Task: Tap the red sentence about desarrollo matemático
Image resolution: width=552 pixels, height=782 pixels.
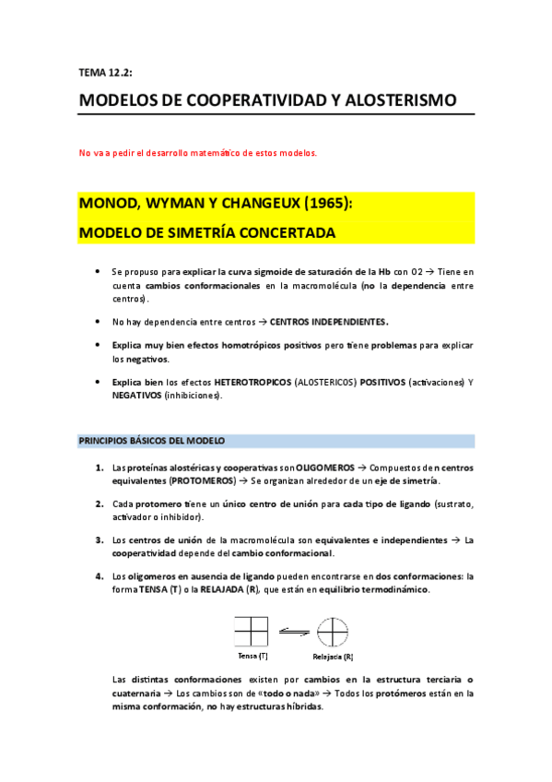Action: pyautogui.click(x=197, y=153)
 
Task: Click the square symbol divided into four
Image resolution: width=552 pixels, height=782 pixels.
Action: pyautogui.click(x=252, y=632)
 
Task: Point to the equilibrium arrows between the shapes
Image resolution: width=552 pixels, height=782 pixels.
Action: pyautogui.click(x=292, y=632)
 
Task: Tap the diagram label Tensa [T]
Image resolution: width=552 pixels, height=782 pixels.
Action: pyautogui.click(x=252, y=656)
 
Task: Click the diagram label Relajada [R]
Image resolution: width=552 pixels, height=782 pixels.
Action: pyautogui.click(x=334, y=657)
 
